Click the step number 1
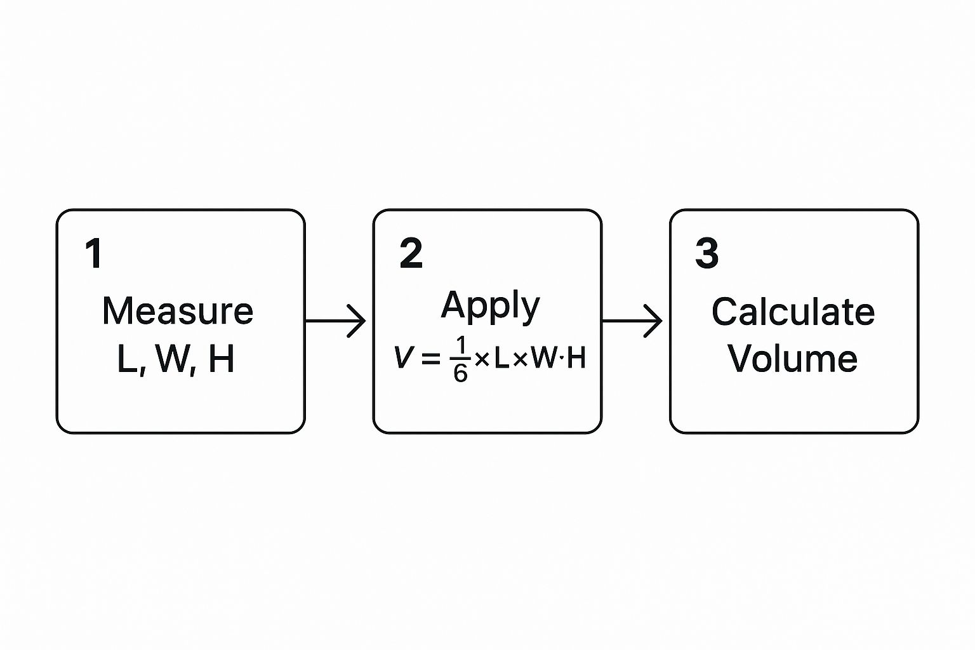click(x=94, y=253)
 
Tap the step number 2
click(x=411, y=253)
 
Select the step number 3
click(x=706, y=253)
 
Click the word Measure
click(x=178, y=311)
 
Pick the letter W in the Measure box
click(x=173, y=359)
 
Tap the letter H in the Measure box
click(x=222, y=359)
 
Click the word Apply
click(x=490, y=306)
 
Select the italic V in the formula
click(x=403, y=358)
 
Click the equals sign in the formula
click(x=430, y=359)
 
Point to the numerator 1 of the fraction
click(x=461, y=347)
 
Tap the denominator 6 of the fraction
click(x=461, y=373)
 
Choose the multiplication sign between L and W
click(x=521, y=360)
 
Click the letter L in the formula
click(x=502, y=359)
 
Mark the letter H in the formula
click(x=576, y=359)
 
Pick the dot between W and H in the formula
click(x=561, y=359)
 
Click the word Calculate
click(x=793, y=312)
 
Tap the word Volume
click(x=793, y=359)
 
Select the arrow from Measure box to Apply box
click(x=336, y=321)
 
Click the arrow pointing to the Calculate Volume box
click(x=632, y=321)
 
